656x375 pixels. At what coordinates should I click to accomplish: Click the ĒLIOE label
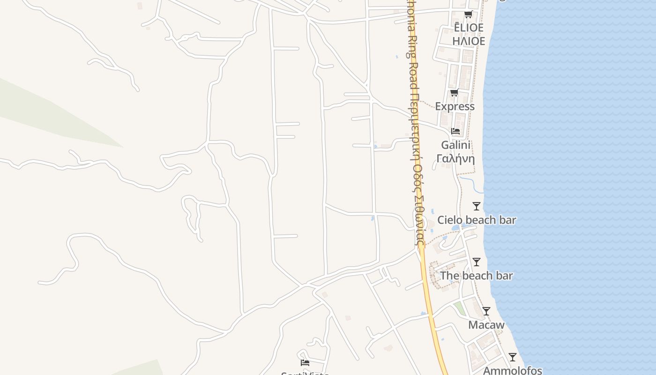pyautogui.click(x=469, y=28)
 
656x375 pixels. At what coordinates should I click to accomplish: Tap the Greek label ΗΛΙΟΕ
pyautogui.click(x=469, y=41)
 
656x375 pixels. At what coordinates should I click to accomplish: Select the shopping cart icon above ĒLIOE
pyautogui.click(x=468, y=14)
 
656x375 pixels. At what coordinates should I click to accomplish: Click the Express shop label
pyautogui.click(x=455, y=106)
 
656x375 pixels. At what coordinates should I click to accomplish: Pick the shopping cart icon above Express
pyautogui.click(x=454, y=93)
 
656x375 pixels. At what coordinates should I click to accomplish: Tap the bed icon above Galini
pyautogui.click(x=455, y=131)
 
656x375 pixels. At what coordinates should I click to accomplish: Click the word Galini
pyautogui.click(x=455, y=145)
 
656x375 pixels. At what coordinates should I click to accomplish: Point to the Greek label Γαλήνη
pyautogui.click(x=455, y=158)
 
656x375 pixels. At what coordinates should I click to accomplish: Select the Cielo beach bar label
pyautogui.click(x=477, y=220)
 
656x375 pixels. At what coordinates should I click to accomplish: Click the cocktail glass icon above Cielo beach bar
pyautogui.click(x=477, y=206)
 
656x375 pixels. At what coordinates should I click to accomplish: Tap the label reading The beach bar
pyautogui.click(x=477, y=276)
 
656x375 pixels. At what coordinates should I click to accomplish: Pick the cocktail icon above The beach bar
pyautogui.click(x=477, y=262)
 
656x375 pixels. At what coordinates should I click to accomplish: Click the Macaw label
pyautogui.click(x=486, y=325)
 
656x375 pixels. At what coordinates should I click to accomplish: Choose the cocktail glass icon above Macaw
pyautogui.click(x=486, y=311)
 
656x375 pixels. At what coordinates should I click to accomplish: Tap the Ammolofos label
pyautogui.click(x=513, y=370)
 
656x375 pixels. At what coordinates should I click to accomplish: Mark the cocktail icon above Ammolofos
pyautogui.click(x=513, y=357)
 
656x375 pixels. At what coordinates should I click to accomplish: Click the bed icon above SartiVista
pyautogui.click(x=305, y=362)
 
